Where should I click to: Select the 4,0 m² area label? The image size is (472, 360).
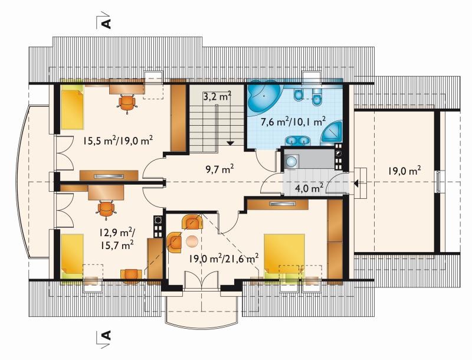[x=309, y=188]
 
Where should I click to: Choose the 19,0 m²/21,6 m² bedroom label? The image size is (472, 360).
[x=224, y=258]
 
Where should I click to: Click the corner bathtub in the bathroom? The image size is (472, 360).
[x=264, y=96]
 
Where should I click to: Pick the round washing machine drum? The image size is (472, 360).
[x=291, y=162]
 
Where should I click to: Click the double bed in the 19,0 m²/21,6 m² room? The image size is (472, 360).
[x=284, y=254]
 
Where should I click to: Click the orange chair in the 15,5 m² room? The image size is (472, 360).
[x=127, y=103]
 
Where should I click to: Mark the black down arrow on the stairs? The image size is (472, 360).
[x=231, y=143]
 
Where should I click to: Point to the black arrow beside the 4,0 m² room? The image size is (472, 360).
[x=357, y=183]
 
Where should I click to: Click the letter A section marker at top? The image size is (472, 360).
[x=107, y=24]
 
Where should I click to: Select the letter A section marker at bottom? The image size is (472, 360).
[x=107, y=335]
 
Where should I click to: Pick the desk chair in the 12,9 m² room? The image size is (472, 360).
[x=106, y=208]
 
